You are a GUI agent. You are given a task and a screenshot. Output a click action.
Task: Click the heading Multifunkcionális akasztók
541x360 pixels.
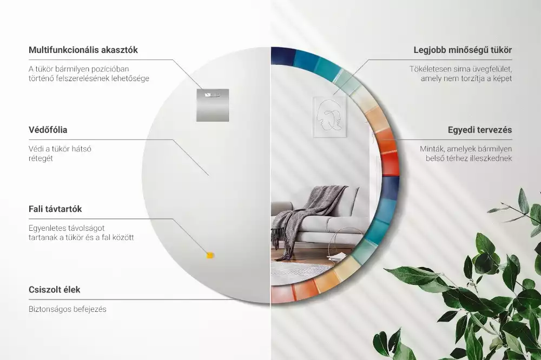(x=83, y=50)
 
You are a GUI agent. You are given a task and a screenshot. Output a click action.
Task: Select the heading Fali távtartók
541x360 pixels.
(x=55, y=209)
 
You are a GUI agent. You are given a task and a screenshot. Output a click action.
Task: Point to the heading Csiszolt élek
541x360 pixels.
(x=54, y=289)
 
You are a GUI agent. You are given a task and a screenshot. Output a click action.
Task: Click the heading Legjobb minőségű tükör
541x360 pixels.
(x=463, y=50)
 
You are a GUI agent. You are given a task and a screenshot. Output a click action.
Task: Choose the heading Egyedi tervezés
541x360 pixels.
(x=480, y=130)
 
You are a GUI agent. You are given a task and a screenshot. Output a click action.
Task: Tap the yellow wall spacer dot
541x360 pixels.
(x=210, y=255)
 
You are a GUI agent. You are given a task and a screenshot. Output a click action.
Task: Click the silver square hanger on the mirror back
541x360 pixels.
(x=213, y=104)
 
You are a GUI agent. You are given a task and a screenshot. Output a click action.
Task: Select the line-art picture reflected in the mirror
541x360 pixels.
(x=329, y=117)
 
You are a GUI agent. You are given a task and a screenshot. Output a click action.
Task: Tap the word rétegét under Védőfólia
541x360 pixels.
(x=41, y=158)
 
